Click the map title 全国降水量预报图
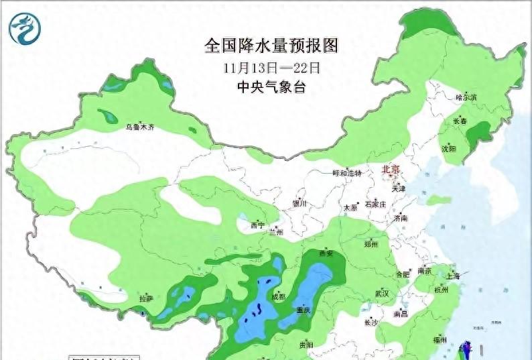pyautogui.click(x=271, y=46)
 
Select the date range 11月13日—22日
pyautogui.click(x=271, y=67)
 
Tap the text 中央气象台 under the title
pyautogui.click(x=271, y=87)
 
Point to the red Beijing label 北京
pyautogui.click(x=390, y=170)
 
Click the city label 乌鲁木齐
pyautogui.click(x=140, y=127)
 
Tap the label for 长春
pyautogui.click(x=460, y=121)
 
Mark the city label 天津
pyautogui.click(x=399, y=189)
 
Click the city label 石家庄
pyautogui.click(x=375, y=204)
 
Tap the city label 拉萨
pyautogui.click(x=146, y=298)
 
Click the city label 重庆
pyautogui.click(x=304, y=310)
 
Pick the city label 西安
pyautogui.click(x=326, y=253)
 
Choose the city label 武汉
pyautogui.click(x=382, y=294)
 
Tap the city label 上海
pyautogui.click(x=453, y=276)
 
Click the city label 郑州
pyautogui.click(x=371, y=245)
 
